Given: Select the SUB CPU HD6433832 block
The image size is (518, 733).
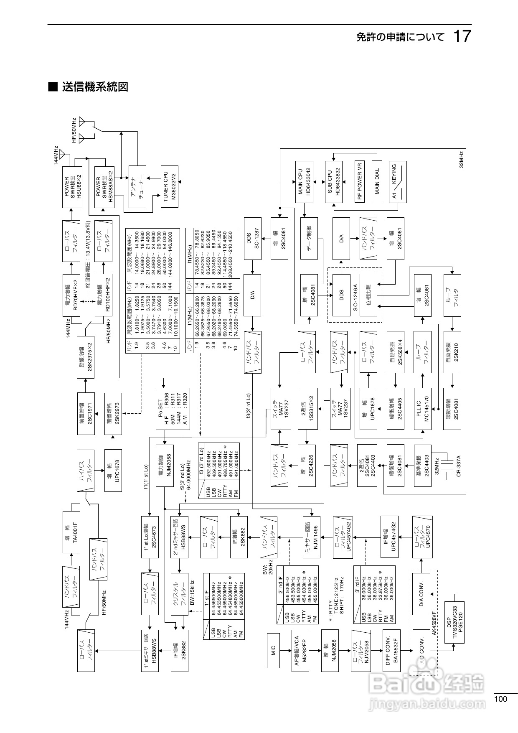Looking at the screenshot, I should tap(334, 181).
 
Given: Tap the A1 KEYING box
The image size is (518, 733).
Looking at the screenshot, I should tap(397, 181).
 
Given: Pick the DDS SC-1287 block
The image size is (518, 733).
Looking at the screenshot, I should tap(252, 238).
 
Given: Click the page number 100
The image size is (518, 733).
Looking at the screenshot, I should tap(500, 699).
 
